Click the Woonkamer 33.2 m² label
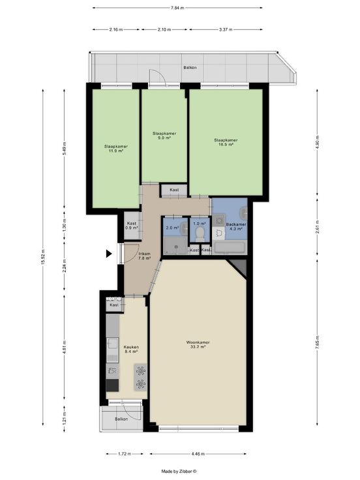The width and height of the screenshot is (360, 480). coord(198,345)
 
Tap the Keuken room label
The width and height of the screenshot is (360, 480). coord(131,350)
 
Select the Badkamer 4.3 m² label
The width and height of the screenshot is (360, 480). coord(236,226)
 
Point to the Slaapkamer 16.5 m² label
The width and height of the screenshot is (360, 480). coord(226,142)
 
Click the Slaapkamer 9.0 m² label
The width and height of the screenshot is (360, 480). coord(164,136)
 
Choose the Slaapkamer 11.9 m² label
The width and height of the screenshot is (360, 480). coord(116,149)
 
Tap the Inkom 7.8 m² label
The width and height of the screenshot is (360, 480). coord(145,256)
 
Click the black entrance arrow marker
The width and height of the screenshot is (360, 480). coord(109,254)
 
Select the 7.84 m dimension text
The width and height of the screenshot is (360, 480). coord(177,8)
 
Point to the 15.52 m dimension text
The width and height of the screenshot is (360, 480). coord(43,257)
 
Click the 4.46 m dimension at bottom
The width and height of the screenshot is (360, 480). coord(198,454)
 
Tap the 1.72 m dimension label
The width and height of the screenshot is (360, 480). coord(125,454)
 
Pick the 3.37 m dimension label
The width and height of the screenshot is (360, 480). coord(226,30)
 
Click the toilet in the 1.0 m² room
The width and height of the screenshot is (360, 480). coord(200,232)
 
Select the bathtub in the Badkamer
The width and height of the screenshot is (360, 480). coord(230,247)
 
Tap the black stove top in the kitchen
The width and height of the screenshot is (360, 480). coord(112,385)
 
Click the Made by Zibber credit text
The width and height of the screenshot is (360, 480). coord(179,472)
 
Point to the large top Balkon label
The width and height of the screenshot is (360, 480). coord(190,67)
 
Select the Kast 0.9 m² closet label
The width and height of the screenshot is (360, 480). coord(131,226)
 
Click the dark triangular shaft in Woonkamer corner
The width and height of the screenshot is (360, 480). coord(239,266)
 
